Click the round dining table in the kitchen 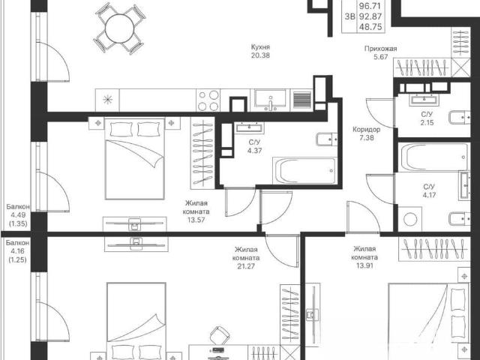tap(120, 29)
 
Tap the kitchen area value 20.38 tap(260, 55)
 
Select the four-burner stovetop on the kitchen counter tap(208, 100)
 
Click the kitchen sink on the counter tap(271, 100)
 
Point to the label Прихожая tap(380, 48)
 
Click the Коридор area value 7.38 tap(367, 138)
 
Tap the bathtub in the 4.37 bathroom tap(305, 171)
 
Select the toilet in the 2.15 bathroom tap(460, 118)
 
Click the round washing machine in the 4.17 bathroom tap(410, 219)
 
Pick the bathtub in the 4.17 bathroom tap(433, 157)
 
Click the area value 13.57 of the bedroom tap(196, 220)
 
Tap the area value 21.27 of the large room tap(246, 266)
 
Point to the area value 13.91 tap(364, 265)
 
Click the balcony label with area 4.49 tap(18, 207)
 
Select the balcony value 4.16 tap(17, 251)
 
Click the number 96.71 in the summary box tap(370, 6)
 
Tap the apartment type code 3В tap(349, 16)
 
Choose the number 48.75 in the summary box tap(370, 27)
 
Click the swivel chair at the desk tap(219, 335)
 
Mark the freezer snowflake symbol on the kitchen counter tap(107, 100)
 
